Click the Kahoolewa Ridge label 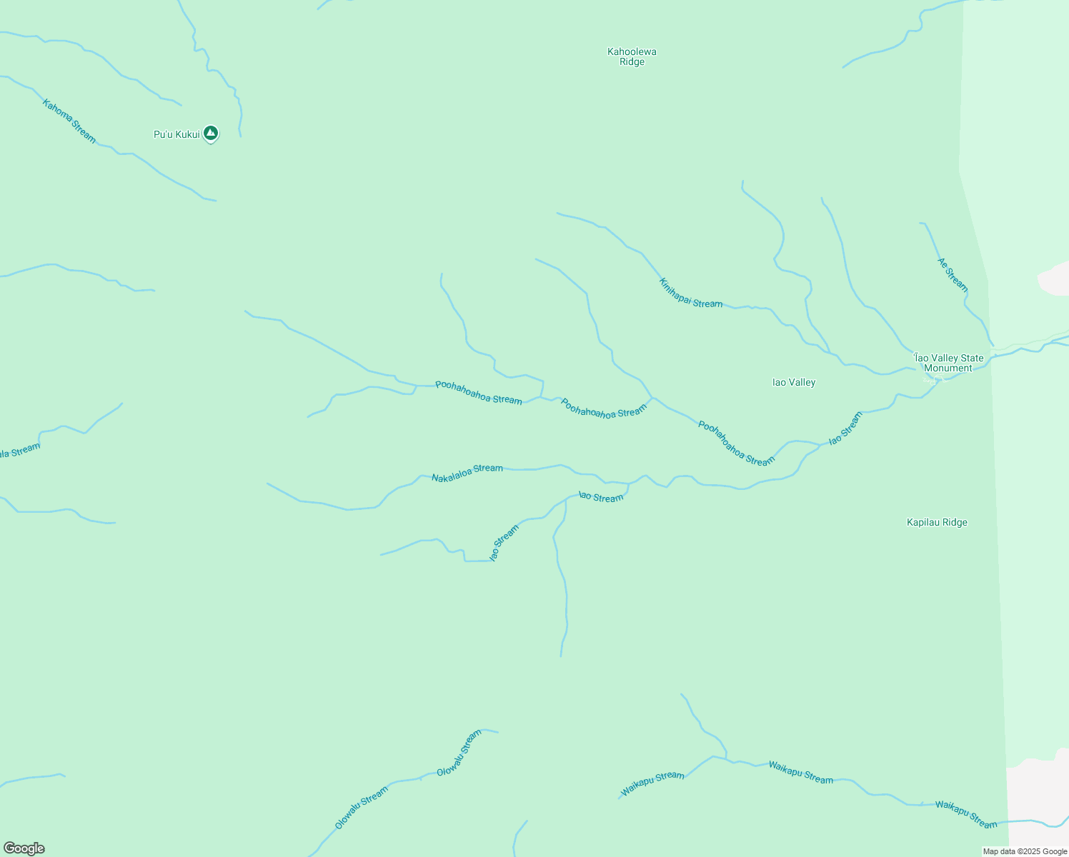(632, 56)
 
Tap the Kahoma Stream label (69, 121)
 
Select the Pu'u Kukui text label (176, 134)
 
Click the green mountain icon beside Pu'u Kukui (210, 133)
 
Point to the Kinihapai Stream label (690, 293)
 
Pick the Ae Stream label (953, 274)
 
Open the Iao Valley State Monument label (948, 363)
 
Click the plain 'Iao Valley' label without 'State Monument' (794, 382)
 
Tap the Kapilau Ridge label (937, 522)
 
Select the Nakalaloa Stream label (467, 472)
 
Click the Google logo (24, 848)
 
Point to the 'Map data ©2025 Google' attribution (1025, 851)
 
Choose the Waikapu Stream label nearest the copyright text (966, 814)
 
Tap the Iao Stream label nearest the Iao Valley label (845, 428)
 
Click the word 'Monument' (948, 369)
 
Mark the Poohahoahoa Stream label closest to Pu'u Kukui (478, 392)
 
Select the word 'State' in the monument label (970, 358)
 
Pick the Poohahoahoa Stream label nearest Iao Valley (736, 443)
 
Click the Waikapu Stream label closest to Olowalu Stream (652, 783)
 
